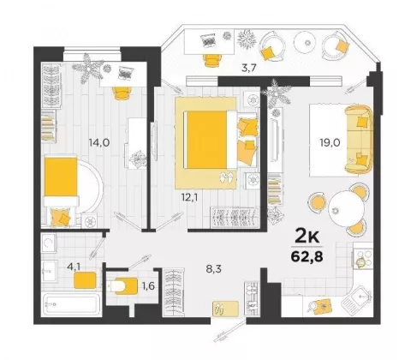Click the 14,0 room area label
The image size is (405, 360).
[x=99, y=142]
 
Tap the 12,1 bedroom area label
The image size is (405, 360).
[x=190, y=197]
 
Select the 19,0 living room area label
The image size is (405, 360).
[x=330, y=142]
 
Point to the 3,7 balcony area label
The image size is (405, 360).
[x=248, y=69]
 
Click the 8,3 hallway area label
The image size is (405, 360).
[x=214, y=269]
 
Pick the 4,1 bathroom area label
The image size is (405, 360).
[x=74, y=267]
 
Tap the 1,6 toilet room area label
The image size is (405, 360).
[x=148, y=285]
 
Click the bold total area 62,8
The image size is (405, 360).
[x=307, y=256]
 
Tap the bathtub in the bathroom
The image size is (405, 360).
[x=72, y=304]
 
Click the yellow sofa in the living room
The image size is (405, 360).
[x=359, y=140]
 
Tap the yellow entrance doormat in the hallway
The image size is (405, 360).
[x=225, y=309]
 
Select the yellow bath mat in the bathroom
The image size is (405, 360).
[x=85, y=280]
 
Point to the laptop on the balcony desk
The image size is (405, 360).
[x=208, y=41]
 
